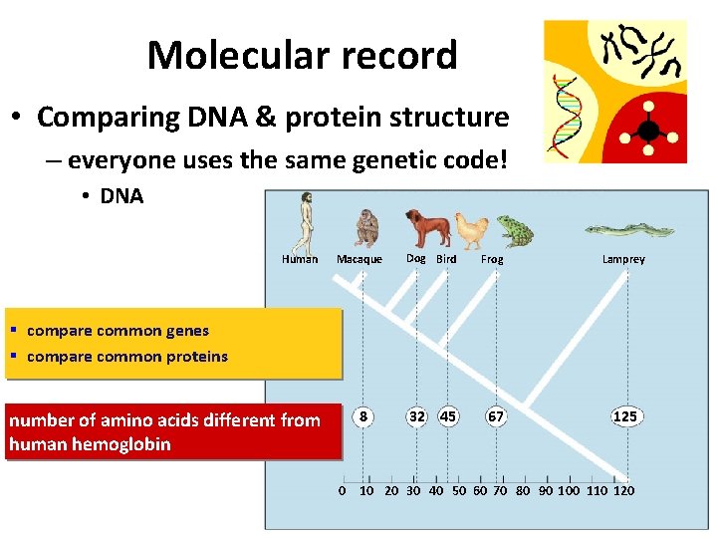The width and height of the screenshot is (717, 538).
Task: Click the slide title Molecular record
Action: pos(302,55)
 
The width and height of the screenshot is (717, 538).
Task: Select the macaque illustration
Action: pos(366,228)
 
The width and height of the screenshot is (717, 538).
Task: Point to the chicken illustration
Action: pos(472,230)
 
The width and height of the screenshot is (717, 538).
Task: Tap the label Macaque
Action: pos(359,259)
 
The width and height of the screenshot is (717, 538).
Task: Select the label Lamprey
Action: pos(623,259)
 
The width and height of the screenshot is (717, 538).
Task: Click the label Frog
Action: pos(492,259)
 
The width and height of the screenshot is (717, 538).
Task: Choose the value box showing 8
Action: pos(365,416)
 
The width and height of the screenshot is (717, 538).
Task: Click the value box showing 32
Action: pos(417,416)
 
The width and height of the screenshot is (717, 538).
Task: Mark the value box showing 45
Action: pos(448,416)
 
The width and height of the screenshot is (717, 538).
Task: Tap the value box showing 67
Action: pos(495,416)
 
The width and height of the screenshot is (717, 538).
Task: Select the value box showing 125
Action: pos(624,416)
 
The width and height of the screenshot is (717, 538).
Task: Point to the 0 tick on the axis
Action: pos(343,490)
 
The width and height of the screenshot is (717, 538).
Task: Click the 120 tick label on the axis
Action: pos(623,490)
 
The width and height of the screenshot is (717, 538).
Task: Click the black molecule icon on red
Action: pos(648,129)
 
